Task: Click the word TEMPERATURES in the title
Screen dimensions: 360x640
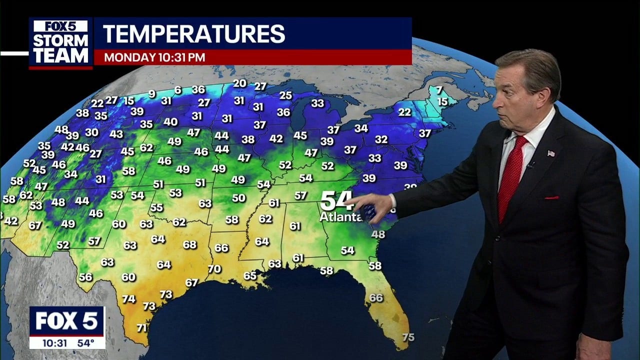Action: [x=194, y=34]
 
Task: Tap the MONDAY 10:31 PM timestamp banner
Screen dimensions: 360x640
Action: [x=154, y=57]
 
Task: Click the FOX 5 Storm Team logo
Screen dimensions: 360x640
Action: [x=60, y=43]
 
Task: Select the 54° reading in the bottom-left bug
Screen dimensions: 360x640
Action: [x=85, y=343]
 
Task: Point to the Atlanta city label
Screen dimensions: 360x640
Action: [x=340, y=217]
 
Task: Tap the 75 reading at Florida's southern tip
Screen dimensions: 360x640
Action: [x=408, y=337]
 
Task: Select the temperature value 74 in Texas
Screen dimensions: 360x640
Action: [x=129, y=299]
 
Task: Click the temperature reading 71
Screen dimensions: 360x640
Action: [x=142, y=328]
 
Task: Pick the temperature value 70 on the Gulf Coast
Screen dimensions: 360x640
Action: [x=214, y=269]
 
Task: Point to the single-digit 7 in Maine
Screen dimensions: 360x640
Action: [x=439, y=90]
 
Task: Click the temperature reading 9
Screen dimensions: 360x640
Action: [x=152, y=93]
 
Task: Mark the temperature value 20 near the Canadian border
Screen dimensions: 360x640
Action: [x=240, y=83]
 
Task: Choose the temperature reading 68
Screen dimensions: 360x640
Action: [x=189, y=244]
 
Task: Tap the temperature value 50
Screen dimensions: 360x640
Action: [x=239, y=198]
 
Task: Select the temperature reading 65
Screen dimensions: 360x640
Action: [x=250, y=275]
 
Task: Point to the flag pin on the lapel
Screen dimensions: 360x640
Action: [x=551, y=153]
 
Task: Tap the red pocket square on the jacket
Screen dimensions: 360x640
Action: [x=551, y=197]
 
